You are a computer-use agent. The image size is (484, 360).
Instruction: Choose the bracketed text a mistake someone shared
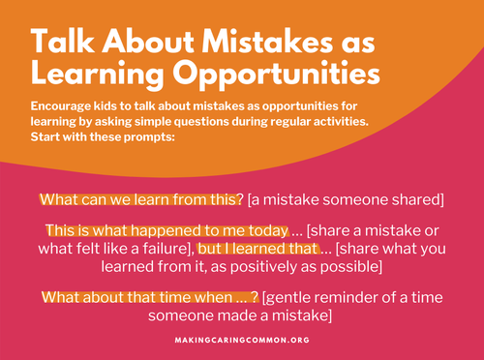[346, 199]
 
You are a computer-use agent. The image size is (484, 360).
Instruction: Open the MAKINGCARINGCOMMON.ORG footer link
[242, 341]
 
